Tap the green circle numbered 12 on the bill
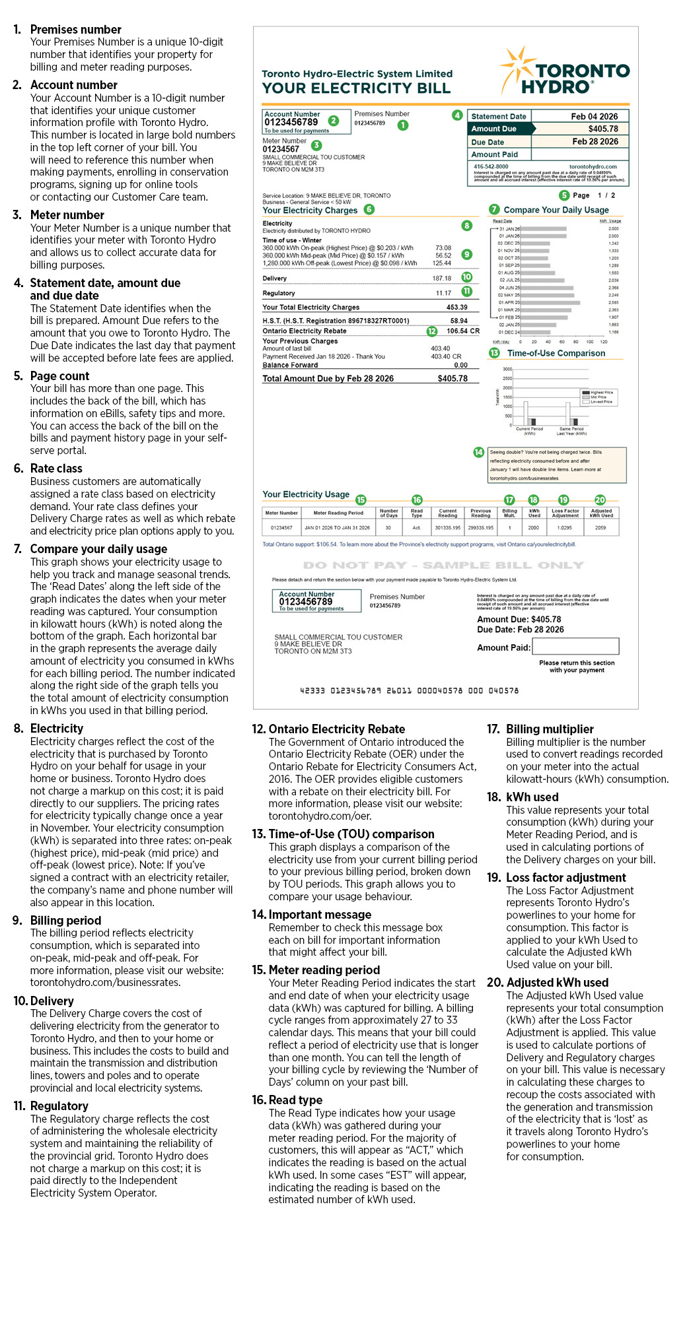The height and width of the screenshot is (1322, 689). click(432, 331)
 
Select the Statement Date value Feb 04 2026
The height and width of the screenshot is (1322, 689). click(594, 116)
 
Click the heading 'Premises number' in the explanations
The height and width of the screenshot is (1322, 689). click(75, 30)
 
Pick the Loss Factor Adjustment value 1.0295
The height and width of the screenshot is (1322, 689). click(565, 528)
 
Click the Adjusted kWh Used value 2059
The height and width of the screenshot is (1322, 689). click(600, 528)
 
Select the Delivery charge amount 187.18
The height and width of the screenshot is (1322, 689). click(441, 279)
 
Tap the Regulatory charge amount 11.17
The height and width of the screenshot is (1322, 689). click(443, 293)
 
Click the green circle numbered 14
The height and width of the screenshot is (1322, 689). click(479, 452)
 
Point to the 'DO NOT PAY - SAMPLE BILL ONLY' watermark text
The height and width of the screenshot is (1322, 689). click(443, 566)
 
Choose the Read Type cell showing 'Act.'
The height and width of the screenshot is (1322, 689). click(417, 528)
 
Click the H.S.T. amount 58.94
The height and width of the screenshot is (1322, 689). click(458, 321)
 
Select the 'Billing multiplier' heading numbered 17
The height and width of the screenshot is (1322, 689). click(550, 729)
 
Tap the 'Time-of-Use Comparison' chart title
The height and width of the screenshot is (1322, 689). click(556, 353)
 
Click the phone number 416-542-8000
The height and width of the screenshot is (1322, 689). click(491, 167)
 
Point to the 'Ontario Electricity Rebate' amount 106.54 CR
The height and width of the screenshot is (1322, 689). click(462, 331)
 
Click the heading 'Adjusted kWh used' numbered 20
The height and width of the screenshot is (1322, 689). click(557, 983)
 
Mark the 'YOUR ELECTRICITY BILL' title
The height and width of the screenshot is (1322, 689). click(356, 88)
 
